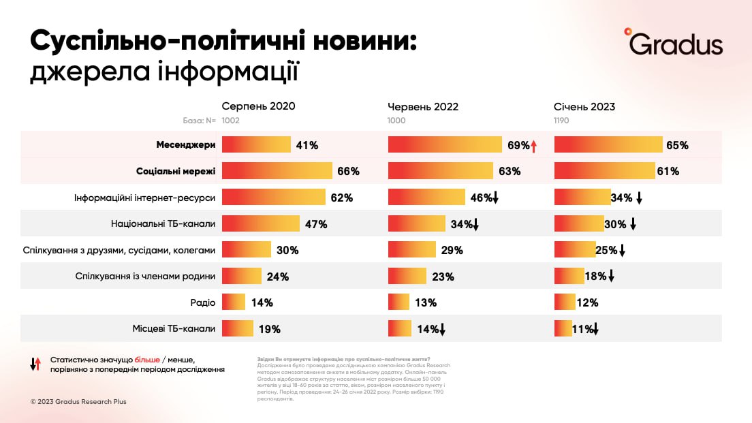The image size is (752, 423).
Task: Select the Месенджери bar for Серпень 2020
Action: [x=256, y=145]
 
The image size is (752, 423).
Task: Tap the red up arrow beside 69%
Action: [x=534, y=145]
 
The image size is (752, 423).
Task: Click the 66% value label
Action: [x=348, y=171]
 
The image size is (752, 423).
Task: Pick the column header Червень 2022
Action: [x=423, y=107]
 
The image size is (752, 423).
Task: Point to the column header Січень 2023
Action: [x=584, y=107]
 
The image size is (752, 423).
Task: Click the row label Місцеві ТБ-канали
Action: [x=174, y=328]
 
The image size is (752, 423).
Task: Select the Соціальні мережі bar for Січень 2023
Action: [x=604, y=171]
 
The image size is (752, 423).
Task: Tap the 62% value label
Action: [x=341, y=198]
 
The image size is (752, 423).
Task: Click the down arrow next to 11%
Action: [x=595, y=330]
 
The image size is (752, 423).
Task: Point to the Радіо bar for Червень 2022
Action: [x=398, y=302]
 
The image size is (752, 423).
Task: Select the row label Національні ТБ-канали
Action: [x=163, y=223]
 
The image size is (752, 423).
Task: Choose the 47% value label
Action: [x=316, y=223]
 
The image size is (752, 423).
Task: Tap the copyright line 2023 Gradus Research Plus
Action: [x=78, y=402]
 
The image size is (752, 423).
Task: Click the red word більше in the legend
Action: [x=147, y=358]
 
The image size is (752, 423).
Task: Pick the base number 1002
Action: [x=231, y=121]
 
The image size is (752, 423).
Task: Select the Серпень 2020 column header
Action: [x=258, y=106]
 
